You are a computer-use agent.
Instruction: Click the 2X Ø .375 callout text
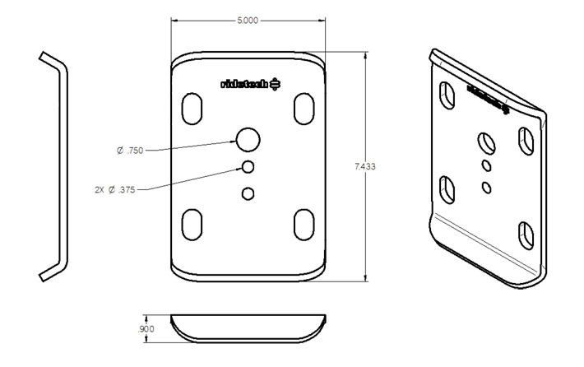click(x=115, y=189)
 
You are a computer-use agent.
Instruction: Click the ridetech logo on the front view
click(x=252, y=83)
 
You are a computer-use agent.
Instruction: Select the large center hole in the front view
click(x=248, y=140)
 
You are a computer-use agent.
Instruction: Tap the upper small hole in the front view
click(x=248, y=167)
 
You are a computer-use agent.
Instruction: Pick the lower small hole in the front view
click(x=248, y=193)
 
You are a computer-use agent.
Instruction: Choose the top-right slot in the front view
click(x=303, y=109)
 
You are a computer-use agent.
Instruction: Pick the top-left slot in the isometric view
click(x=448, y=94)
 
